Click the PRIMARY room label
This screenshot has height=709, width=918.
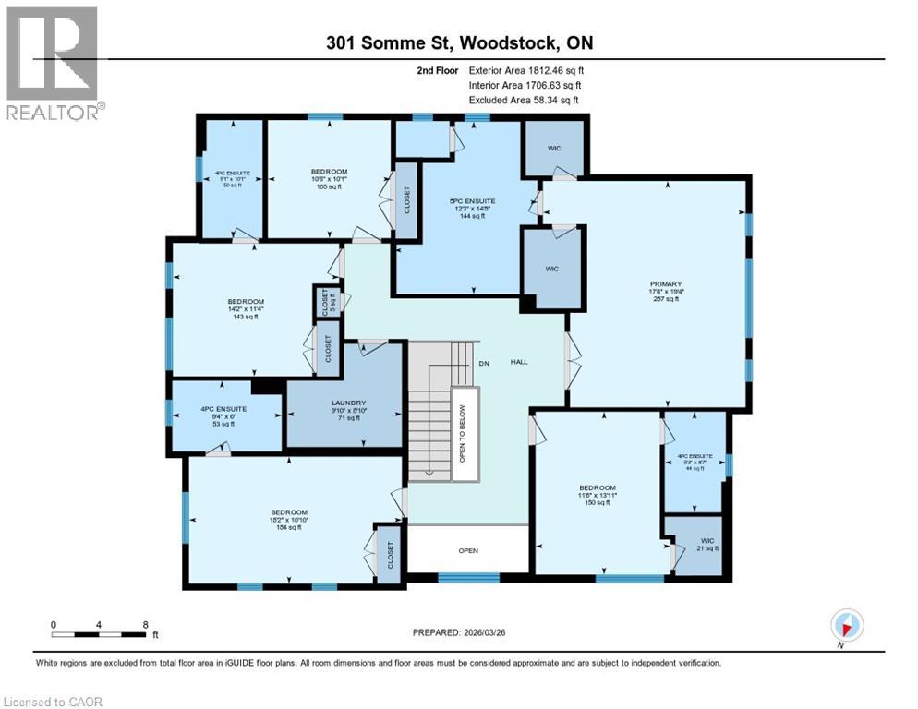click(665, 284)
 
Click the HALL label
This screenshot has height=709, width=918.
click(519, 362)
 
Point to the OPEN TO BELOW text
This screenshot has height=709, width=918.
click(463, 433)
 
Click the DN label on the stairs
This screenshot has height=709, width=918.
click(482, 362)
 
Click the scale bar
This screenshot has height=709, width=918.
click(99, 633)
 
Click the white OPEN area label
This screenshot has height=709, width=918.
click(468, 551)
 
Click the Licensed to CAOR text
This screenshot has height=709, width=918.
click(54, 702)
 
